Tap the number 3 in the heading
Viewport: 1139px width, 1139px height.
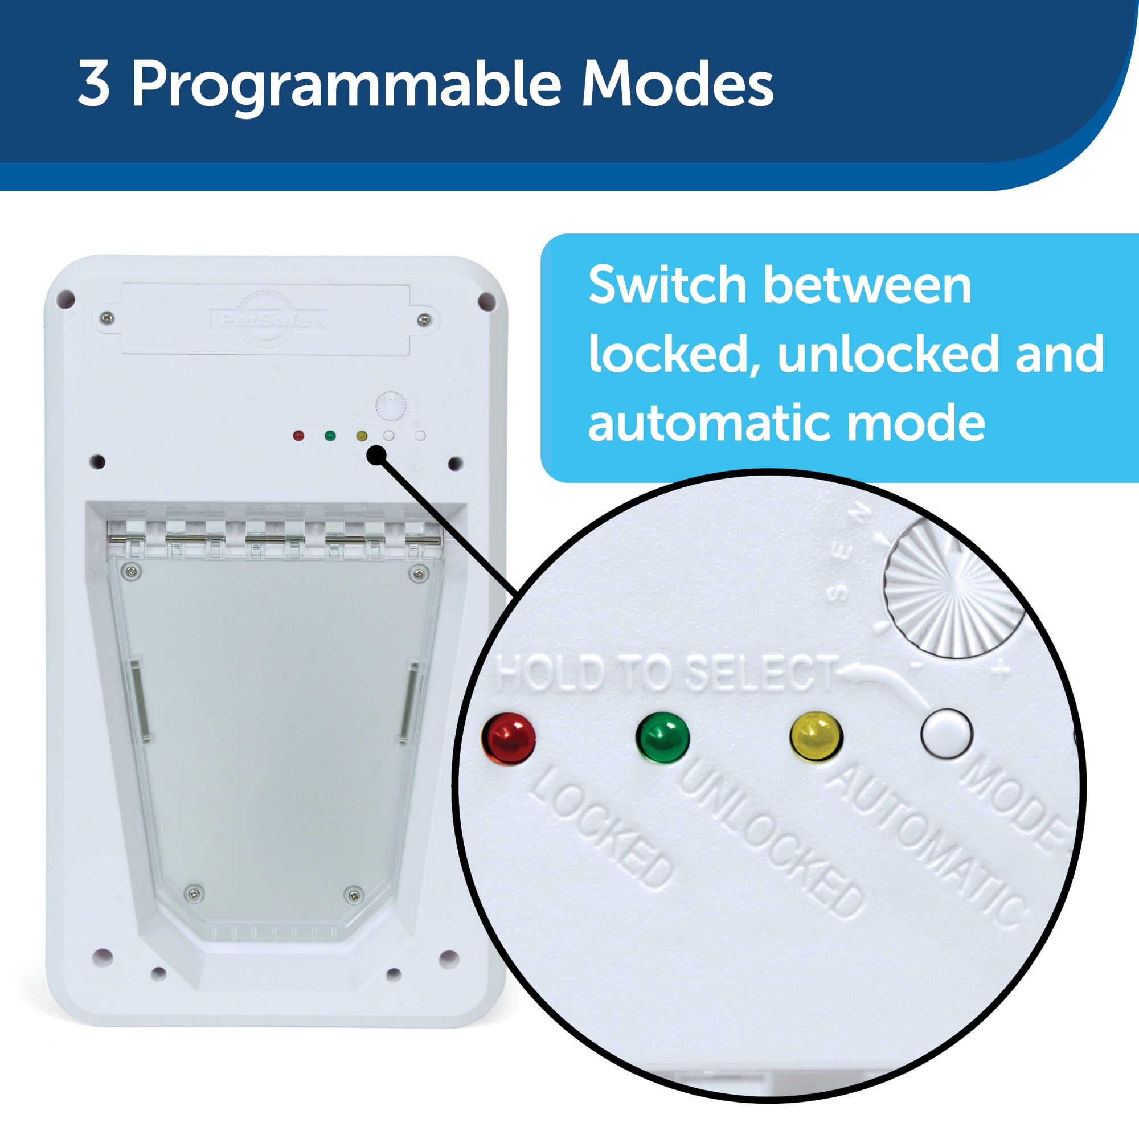[94, 84]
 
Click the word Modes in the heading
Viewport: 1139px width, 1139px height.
[677, 84]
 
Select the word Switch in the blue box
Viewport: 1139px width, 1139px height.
[666, 286]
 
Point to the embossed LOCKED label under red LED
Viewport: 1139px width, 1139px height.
[601, 825]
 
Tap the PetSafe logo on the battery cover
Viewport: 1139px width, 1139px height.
[268, 320]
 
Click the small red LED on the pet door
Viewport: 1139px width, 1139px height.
[298, 436]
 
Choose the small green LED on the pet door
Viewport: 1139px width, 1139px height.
[330, 436]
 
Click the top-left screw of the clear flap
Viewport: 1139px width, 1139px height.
[130, 570]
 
